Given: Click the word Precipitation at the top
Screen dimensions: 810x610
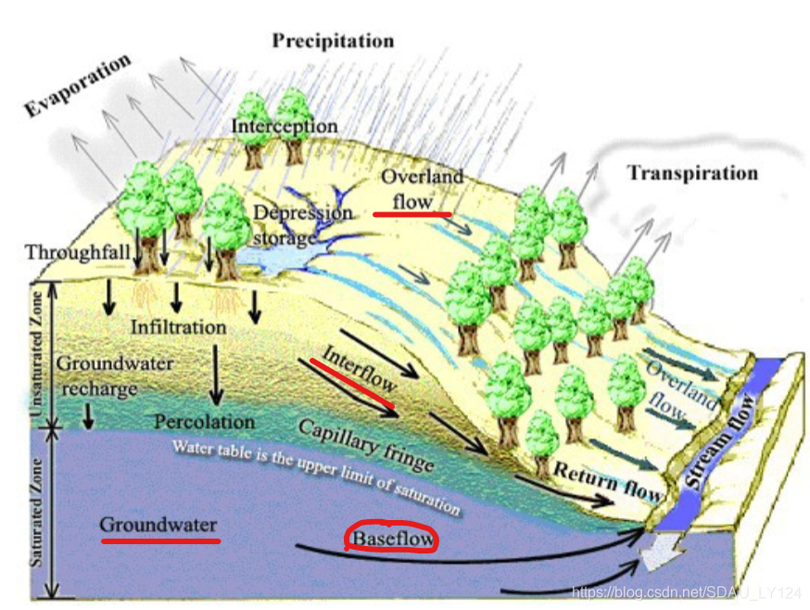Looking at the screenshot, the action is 333,41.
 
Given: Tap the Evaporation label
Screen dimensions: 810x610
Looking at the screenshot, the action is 78,85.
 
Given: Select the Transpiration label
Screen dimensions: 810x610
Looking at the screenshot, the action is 691,173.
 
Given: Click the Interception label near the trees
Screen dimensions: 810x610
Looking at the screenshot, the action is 284,126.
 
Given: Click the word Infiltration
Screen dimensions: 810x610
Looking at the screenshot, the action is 178,327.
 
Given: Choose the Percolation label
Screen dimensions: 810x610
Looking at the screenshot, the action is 204,422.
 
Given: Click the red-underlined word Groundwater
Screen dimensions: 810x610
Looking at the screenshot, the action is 158,524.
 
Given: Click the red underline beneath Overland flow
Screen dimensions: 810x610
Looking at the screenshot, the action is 412,213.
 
